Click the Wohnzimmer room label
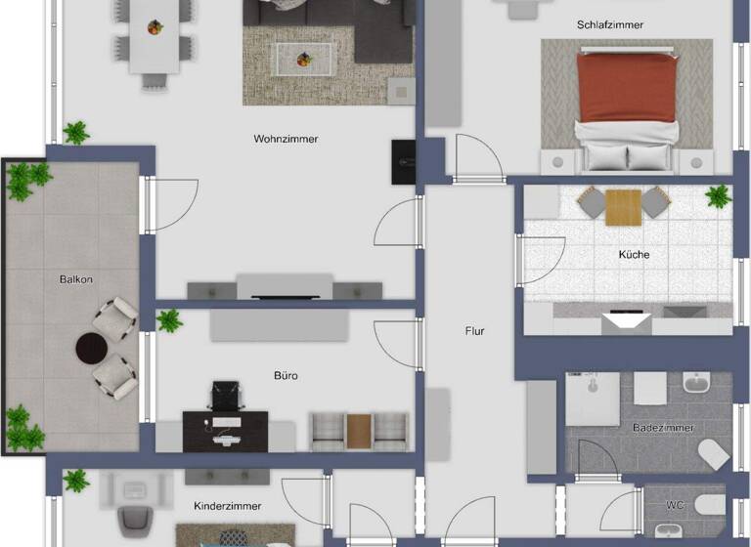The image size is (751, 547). (286, 139)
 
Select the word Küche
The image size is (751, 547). (634, 255)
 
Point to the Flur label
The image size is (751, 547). (474, 331)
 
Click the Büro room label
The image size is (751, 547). (286, 375)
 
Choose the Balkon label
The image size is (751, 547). (75, 279)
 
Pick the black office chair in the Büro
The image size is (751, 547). (225, 395)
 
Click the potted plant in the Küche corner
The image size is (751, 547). (718, 196)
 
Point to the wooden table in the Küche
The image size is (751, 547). (623, 205)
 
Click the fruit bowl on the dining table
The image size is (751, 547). (155, 26)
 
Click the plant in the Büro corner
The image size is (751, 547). (170, 320)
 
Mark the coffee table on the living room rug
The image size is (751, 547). (301, 58)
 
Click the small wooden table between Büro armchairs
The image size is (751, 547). (359, 430)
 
